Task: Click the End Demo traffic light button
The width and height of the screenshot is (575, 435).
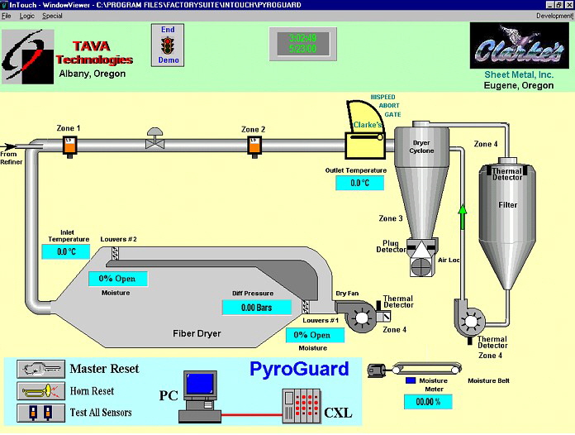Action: pos(168,46)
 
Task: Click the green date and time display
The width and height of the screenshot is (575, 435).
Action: pos(302,43)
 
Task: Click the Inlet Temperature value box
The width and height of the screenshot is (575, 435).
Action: pos(67,251)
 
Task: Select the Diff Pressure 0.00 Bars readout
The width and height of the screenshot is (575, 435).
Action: pos(257,308)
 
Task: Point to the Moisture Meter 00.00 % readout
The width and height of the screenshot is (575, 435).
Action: pos(428,402)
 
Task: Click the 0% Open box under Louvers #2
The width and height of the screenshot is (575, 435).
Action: pos(117,279)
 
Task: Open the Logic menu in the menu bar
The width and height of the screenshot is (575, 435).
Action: pos(27,16)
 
